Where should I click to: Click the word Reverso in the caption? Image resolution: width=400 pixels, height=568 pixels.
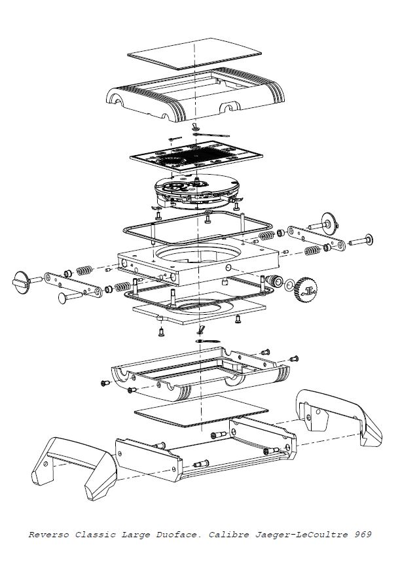point(47,535)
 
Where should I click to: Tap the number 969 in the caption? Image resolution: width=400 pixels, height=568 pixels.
point(362,535)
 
